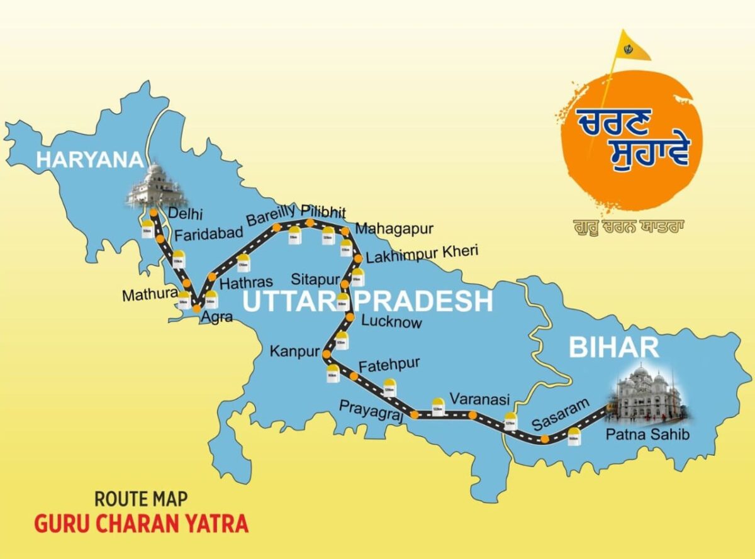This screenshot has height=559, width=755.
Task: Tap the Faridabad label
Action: click(208, 235)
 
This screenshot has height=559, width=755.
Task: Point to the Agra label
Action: click(216, 318)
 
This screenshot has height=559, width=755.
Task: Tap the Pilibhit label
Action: click(323, 210)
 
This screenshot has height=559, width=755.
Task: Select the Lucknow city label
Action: click(391, 322)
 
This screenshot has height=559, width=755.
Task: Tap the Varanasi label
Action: click(479, 399)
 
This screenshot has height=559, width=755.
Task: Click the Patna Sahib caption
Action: click(639, 434)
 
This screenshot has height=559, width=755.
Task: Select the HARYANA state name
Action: click(89, 159)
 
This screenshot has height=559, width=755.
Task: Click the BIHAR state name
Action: click(614, 347)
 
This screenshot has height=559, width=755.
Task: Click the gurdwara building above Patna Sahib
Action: click(647, 394)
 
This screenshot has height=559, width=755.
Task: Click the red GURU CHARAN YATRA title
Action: click(141, 523)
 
